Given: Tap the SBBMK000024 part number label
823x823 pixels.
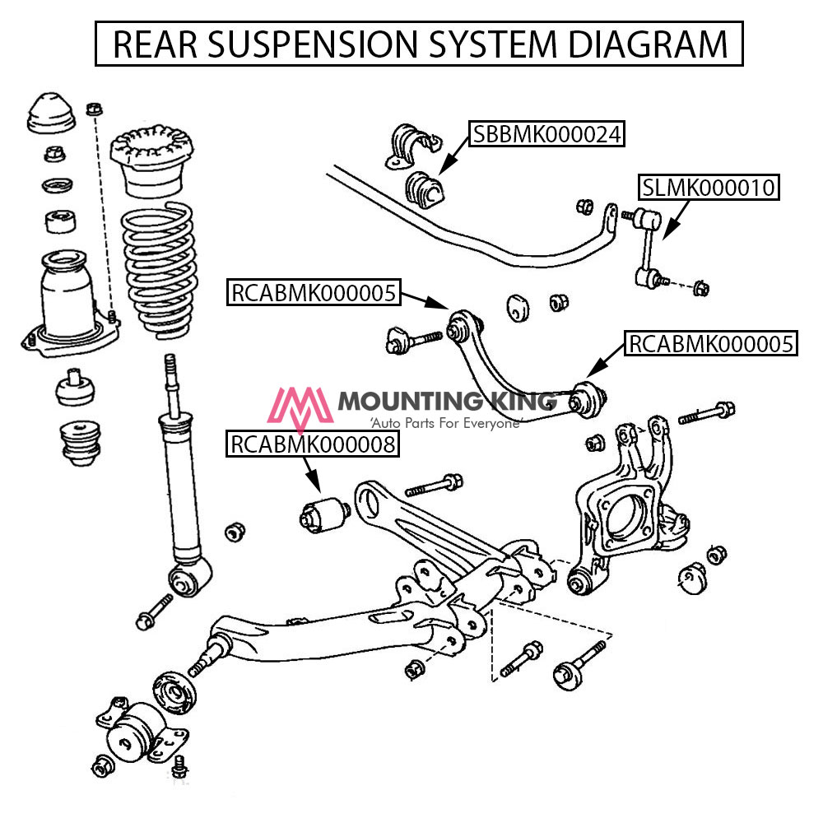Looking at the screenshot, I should [545, 133].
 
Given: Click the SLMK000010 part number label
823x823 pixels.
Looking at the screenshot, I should [709, 188].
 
